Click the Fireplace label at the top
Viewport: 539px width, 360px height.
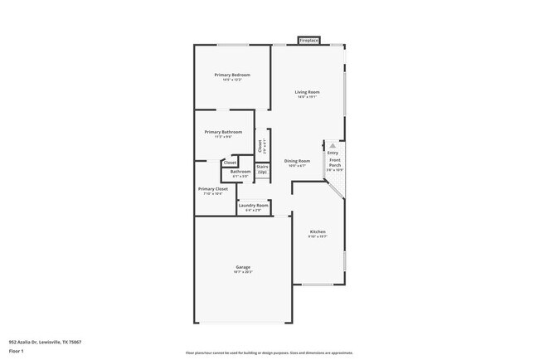[x=309, y=40]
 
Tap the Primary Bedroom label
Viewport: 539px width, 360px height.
[x=232, y=75]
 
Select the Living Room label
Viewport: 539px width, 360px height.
[x=308, y=92]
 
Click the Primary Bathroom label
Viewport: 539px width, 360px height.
[x=224, y=132]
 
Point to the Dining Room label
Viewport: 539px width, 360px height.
[x=297, y=161]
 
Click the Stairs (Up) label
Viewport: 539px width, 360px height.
[x=262, y=168]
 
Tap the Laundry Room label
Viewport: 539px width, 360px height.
[x=254, y=205]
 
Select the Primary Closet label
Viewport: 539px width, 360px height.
[x=213, y=189]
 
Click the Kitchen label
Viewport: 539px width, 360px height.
[x=318, y=231]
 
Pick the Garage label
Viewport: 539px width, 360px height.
[x=242, y=267]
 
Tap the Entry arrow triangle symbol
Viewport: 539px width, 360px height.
[x=333, y=145]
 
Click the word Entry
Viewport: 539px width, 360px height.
[x=333, y=153]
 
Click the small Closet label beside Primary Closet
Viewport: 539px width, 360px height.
[x=230, y=163]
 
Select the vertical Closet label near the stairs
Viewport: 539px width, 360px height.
[x=261, y=145]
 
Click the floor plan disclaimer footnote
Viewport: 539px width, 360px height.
[x=269, y=353]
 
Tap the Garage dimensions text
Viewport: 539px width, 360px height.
[x=242, y=271]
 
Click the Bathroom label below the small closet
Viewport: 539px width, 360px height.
[x=240, y=172]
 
